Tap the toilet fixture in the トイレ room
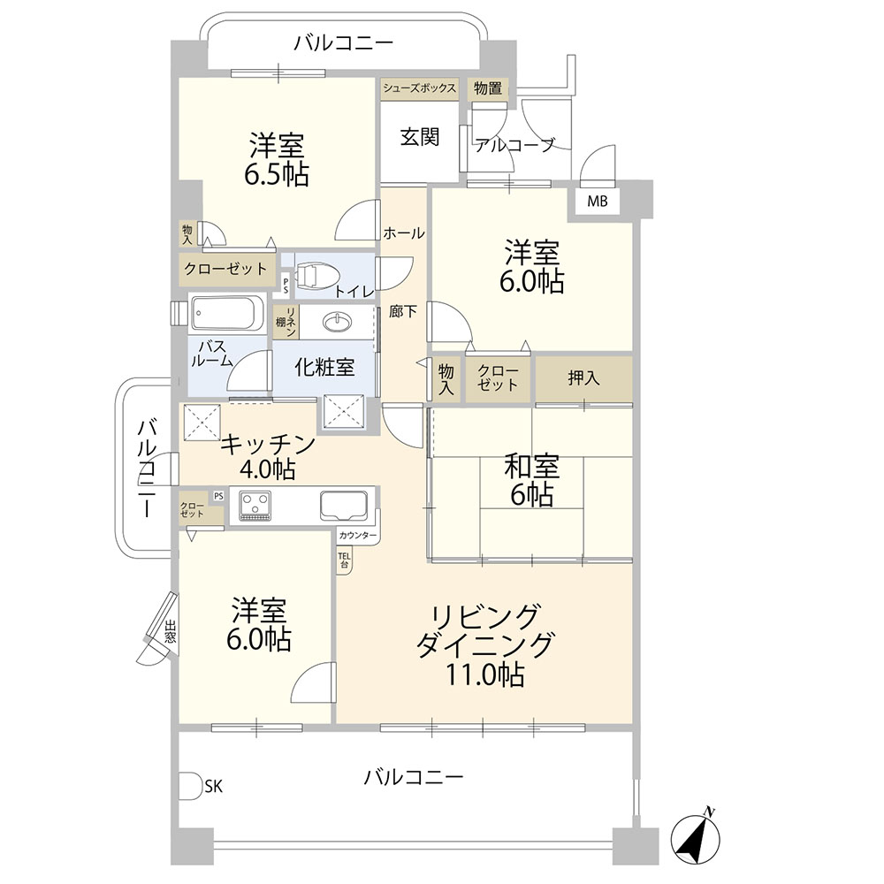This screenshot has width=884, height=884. coord(316,277)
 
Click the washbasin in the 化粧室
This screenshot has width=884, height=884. coord(338,322)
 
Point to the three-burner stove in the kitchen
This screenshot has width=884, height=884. coord(255,505)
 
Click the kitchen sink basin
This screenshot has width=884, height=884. coord(346,506)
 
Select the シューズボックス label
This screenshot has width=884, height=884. coord(419,88)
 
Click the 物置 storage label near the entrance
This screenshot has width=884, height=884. coord(488,88)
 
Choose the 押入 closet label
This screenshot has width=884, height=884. coord(583,377)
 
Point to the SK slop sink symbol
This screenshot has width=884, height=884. coord(192,785)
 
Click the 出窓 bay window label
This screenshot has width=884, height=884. coord(171,631)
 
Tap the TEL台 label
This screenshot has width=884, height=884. coord(344,560)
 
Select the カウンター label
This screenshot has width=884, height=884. coord(358,536)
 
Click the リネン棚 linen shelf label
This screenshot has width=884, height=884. coord(286,322)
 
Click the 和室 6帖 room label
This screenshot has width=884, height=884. coord(531,480)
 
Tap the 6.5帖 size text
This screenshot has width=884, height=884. coord(276,174)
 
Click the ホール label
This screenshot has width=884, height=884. coord(404,232)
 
